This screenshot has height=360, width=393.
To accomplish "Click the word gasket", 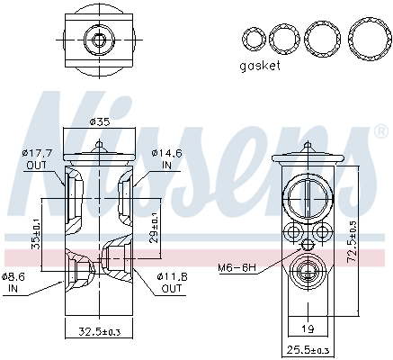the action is point(260,66).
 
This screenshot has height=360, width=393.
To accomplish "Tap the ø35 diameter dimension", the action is point(100,122).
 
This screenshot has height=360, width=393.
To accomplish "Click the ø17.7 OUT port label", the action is point(35,159).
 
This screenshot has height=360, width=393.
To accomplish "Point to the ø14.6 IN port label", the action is point(167,159).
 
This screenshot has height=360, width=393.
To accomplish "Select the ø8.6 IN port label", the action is point(13,282).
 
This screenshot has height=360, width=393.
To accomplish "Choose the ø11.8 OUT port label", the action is point(172,282).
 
